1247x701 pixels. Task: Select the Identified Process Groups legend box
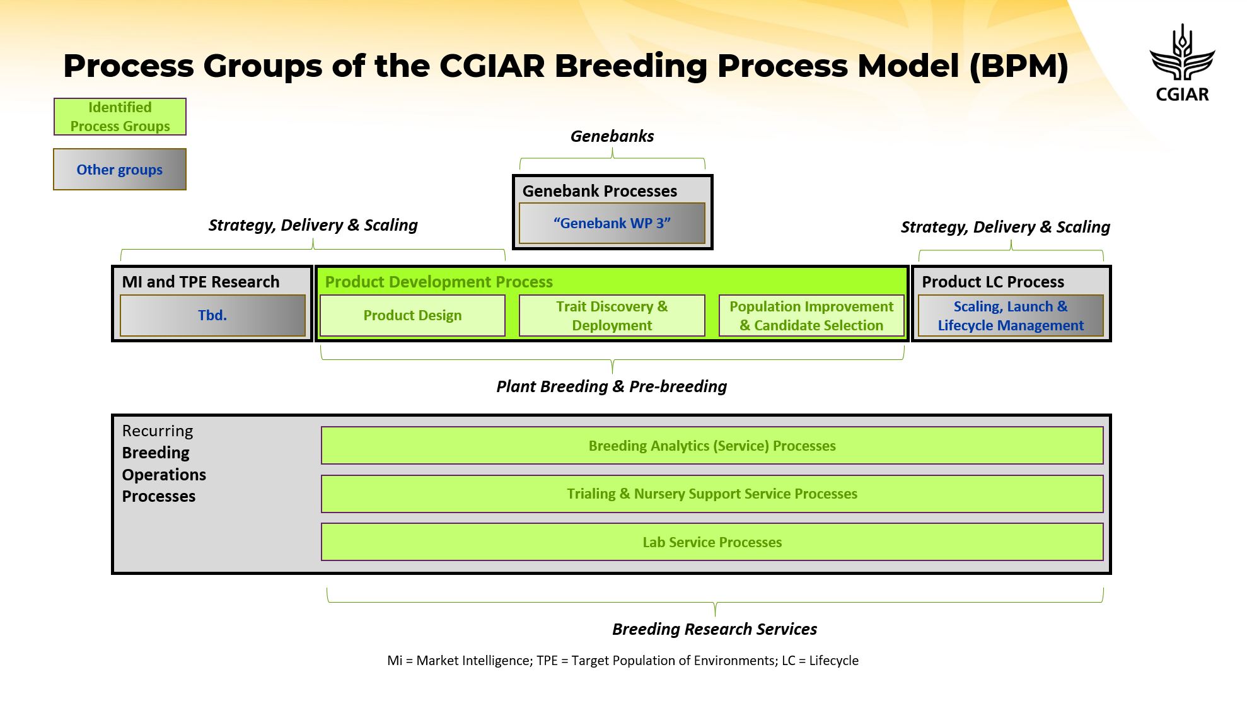tap(120, 117)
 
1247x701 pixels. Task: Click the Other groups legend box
tap(120, 170)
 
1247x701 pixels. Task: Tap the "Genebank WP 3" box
tap(612, 223)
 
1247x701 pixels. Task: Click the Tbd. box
tap(212, 315)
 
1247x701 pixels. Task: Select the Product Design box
tap(412, 315)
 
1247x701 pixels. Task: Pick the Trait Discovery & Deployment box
tap(612, 315)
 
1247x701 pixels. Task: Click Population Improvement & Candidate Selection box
tap(811, 315)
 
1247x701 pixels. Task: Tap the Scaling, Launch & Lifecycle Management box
tap(1011, 315)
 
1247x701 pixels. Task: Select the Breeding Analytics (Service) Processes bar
tap(712, 446)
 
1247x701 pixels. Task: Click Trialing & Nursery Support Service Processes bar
tap(712, 494)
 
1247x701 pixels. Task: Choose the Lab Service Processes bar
tap(712, 542)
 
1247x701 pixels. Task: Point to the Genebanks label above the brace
tap(612, 136)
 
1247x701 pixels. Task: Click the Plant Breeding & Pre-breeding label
tap(612, 386)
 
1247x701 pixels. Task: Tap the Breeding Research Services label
tap(714, 629)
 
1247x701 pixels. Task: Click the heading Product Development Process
tap(439, 282)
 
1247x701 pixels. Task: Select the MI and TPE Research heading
tap(200, 282)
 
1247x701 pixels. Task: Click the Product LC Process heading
tap(993, 282)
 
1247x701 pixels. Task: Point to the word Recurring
tap(158, 431)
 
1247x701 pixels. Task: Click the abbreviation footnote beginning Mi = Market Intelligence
tap(623, 661)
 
